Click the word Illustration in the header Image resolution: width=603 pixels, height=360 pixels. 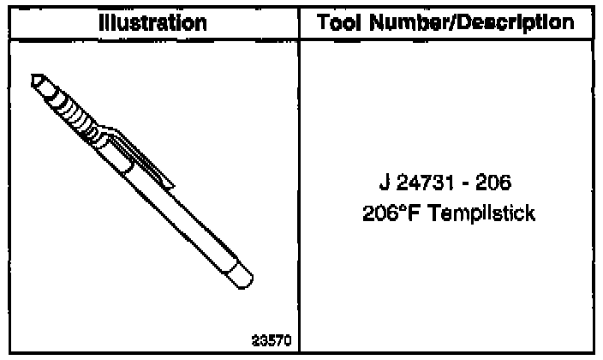coord(152,23)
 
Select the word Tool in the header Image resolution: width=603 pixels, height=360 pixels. coord(339,22)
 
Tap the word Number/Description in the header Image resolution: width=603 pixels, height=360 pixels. coord(471,23)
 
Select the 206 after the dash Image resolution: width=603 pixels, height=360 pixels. coord(493,182)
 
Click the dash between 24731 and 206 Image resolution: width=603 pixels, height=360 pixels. coord(465,183)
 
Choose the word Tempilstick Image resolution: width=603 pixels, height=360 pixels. coord(481,213)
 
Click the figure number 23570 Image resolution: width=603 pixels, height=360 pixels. coord(272,341)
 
